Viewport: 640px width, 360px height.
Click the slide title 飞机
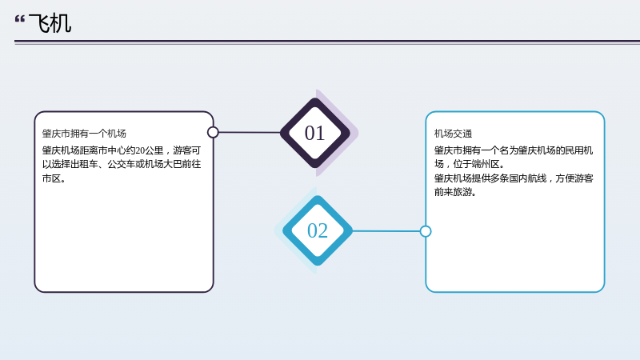pos(50,23)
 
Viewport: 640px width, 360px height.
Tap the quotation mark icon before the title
pos(19,19)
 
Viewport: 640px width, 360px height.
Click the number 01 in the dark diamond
pos(314,133)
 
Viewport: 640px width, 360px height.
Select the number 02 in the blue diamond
pos(317,230)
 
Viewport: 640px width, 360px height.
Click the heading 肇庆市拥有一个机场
pos(84,134)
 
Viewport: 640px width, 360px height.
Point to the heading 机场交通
pos(453,134)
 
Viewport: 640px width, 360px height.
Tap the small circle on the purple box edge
pos(213,132)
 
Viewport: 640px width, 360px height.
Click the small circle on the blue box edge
pos(426,231)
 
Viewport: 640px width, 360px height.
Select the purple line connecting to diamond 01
pos(250,132)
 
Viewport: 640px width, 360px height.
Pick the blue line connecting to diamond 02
pos(386,231)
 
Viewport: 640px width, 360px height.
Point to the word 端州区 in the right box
pos(486,165)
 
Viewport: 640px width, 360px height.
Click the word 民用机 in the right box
pos(579,150)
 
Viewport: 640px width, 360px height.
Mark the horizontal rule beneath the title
pos(327,42)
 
